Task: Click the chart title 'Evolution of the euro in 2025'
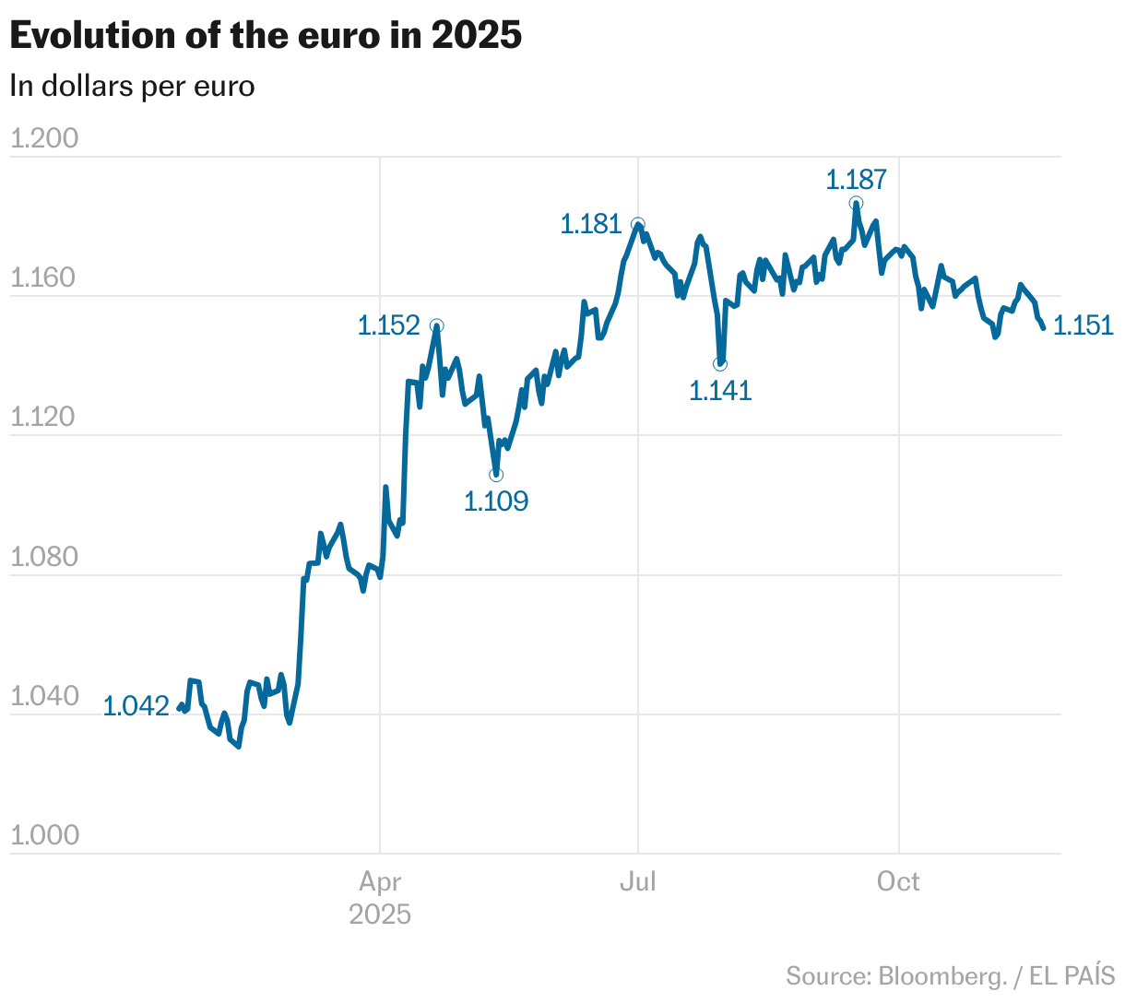click(x=266, y=35)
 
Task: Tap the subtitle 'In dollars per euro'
click(x=132, y=86)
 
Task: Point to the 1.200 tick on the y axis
click(x=44, y=138)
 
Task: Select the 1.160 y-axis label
click(x=44, y=277)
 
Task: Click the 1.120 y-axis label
click(x=44, y=417)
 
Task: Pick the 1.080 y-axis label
click(x=44, y=557)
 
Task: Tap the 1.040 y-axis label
click(x=44, y=696)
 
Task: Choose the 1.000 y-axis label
click(x=44, y=835)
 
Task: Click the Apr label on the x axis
click(x=380, y=882)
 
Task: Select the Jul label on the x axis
click(x=637, y=882)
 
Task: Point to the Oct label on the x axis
click(x=898, y=882)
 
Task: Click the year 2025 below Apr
click(x=380, y=914)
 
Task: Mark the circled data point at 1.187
click(x=857, y=203)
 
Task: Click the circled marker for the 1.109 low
click(x=496, y=475)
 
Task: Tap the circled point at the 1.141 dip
click(x=720, y=364)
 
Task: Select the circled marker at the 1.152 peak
click(x=436, y=325)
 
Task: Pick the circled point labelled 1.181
click(x=637, y=224)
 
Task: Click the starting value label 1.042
click(x=136, y=706)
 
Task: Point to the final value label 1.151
click(x=1084, y=325)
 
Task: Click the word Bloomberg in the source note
click(x=941, y=976)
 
